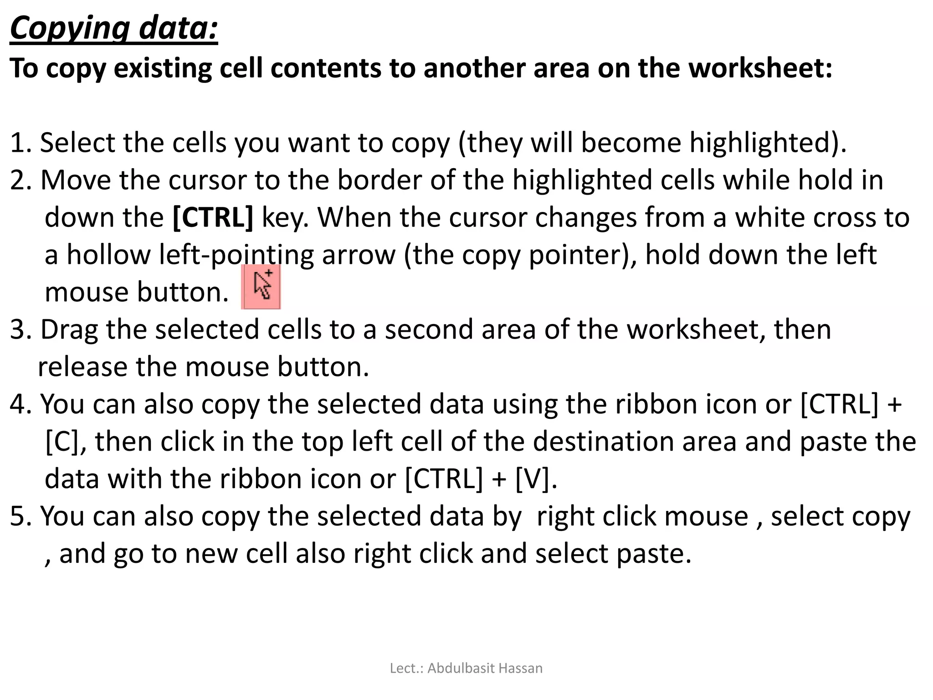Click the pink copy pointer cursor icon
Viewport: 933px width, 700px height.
click(261, 286)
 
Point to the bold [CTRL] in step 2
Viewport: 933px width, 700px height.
click(213, 217)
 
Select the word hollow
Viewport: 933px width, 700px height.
click(108, 255)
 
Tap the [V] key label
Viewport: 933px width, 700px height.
click(536, 479)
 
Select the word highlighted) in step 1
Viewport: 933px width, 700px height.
click(767, 143)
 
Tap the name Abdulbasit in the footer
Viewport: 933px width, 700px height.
click(461, 668)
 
